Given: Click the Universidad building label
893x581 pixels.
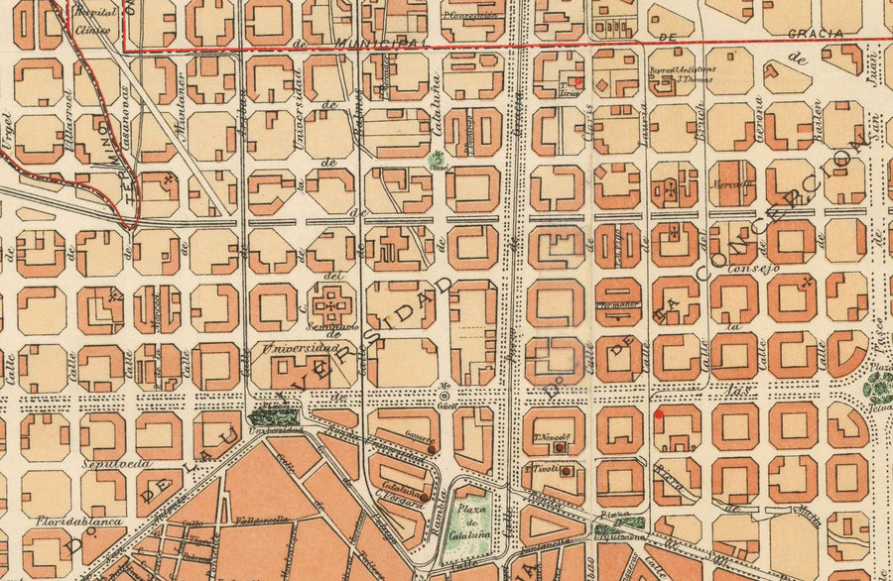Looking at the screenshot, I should (300, 349).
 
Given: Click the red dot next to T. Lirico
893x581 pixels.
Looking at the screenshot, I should (580, 81).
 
